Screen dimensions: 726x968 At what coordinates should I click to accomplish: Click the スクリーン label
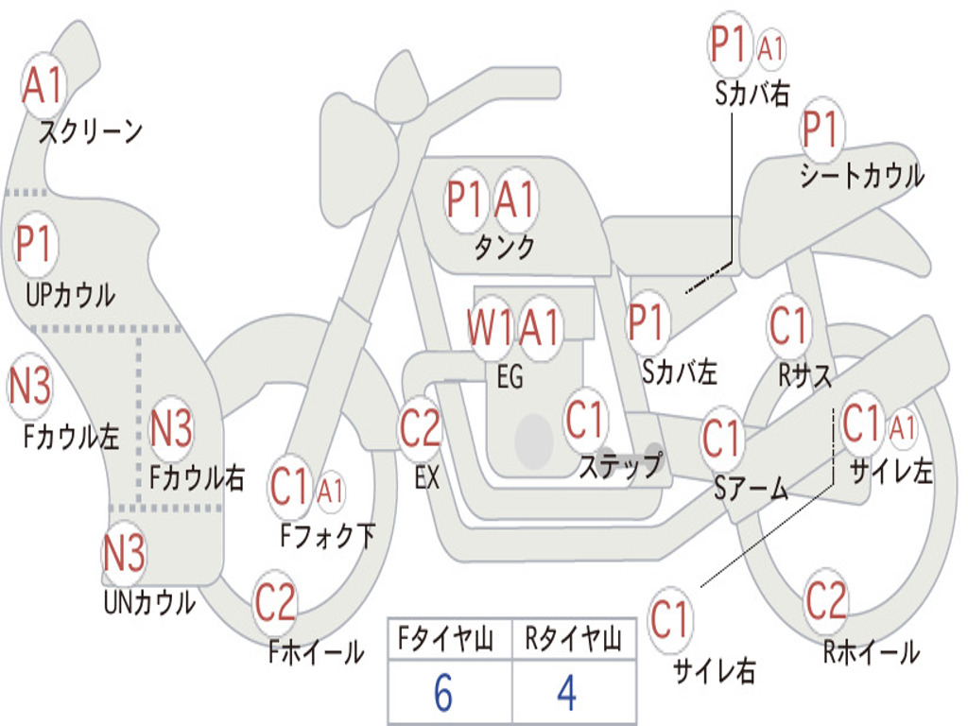pos(90,131)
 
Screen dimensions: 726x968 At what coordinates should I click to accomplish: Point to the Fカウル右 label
pos(198,477)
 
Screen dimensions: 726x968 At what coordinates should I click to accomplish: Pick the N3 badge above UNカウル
pos(124,553)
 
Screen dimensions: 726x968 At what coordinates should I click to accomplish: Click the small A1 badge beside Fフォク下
pos(331,491)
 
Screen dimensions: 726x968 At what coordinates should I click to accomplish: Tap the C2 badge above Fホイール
pos(275,602)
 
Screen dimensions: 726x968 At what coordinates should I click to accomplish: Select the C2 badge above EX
pos(420,429)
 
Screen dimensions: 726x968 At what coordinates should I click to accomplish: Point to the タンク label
pos(504,248)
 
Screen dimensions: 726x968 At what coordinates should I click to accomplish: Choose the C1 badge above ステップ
pos(585,421)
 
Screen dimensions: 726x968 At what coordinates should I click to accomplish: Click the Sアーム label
pos(752,489)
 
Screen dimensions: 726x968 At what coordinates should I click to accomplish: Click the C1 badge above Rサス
pos(789,326)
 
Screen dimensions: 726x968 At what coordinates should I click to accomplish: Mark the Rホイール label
pos(871,651)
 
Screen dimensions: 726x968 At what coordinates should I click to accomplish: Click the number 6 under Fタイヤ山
pos(443,694)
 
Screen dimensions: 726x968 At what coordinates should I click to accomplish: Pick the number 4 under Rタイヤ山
pos(566,694)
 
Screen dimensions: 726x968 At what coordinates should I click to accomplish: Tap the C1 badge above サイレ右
pos(669,620)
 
